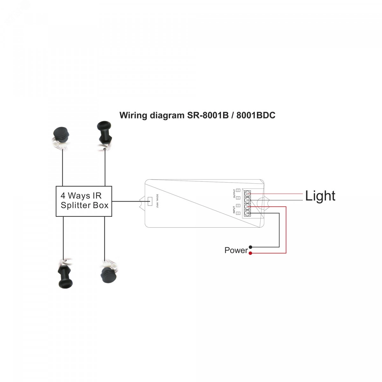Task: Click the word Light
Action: click(320, 196)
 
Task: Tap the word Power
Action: click(236, 250)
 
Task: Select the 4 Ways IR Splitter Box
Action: click(84, 201)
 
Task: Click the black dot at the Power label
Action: click(251, 247)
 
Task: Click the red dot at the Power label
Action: click(251, 253)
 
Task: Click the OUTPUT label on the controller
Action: click(235, 194)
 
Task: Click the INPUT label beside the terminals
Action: click(235, 210)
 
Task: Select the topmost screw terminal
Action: click(247, 194)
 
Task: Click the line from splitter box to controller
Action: click(127, 201)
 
